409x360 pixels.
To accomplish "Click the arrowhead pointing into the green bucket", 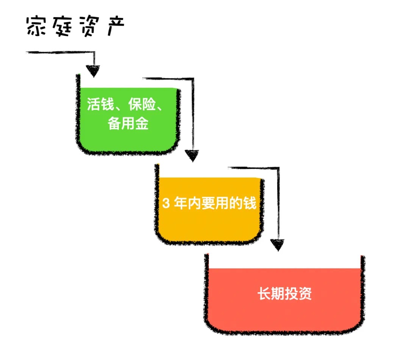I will click(93, 70).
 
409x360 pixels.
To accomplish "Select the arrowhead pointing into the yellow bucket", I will click(192, 155).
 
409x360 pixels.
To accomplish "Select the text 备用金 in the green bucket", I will click(128, 123).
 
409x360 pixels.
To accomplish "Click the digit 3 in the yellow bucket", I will click(165, 204).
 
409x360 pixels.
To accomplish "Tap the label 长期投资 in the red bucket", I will click(285, 294).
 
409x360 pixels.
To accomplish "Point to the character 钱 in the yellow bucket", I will click(250, 204).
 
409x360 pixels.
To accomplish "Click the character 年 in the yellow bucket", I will click(182, 204).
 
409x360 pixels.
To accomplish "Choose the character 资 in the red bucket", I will click(305, 294).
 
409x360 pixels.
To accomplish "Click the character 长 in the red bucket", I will click(264, 294).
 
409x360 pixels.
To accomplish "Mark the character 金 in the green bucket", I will click(142, 123).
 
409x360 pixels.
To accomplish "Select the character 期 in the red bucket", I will click(278, 294).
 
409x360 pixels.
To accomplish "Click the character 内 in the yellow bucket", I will click(195, 204).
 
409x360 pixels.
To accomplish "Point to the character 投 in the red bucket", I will click(292, 294).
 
